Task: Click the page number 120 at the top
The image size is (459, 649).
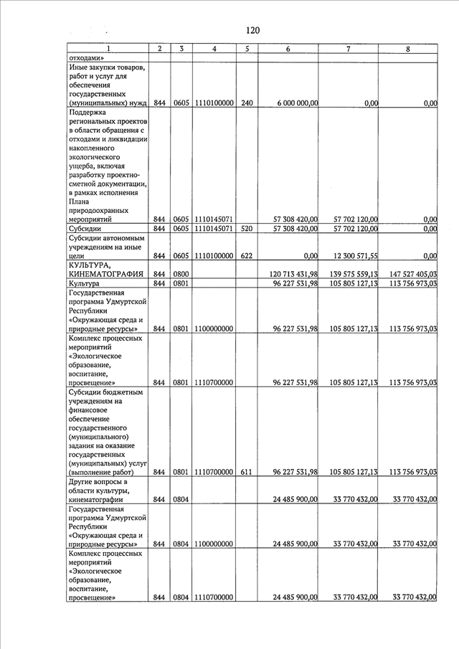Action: pyautogui.click(x=252, y=30)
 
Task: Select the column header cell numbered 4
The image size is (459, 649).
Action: pyautogui.click(x=214, y=49)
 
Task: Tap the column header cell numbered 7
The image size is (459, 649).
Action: pyautogui.click(x=348, y=49)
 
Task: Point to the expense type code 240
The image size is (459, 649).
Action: pyautogui.click(x=247, y=103)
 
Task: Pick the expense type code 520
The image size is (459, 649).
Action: pyautogui.click(x=247, y=229)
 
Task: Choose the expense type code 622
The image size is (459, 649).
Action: pyautogui.click(x=247, y=255)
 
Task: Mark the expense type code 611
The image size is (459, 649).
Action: pyautogui.click(x=247, y=472)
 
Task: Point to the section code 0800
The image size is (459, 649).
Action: pyautogui.click(x=181, y=274)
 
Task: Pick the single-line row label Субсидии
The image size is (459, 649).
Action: pyautogui.click(x=85, y=229)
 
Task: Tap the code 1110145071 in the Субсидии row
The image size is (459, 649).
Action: pyautogui.click(x=214, y=229)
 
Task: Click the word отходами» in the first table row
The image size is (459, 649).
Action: pyautogui.click(x=87, y=58)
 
